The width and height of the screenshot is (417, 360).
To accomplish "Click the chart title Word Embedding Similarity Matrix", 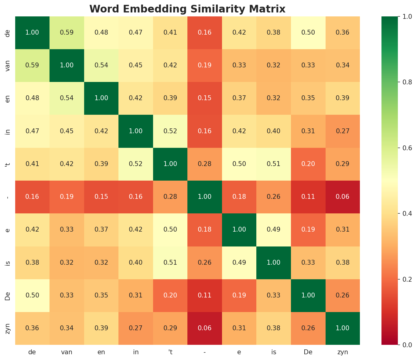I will [187, 9].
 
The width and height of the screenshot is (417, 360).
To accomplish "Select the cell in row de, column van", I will [67, 32].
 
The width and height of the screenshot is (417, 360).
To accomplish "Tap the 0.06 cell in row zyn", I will [205, 328].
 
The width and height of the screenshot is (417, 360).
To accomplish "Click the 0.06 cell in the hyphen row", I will [343, 197].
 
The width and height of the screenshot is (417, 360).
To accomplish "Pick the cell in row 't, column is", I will [274, 164].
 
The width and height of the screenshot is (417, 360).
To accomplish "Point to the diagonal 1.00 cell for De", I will [308, 295].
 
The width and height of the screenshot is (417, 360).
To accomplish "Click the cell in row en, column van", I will [67, 98].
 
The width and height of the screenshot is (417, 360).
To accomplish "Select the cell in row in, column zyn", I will [343, 131].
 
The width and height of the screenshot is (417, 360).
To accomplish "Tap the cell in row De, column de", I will [32, 295].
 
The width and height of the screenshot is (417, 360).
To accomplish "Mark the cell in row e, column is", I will [274, 229].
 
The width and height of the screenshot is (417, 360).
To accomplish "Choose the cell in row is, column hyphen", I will [205, 262].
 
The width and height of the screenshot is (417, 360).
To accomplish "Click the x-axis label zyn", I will [343, 352].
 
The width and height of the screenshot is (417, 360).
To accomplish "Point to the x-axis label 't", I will [170, 352].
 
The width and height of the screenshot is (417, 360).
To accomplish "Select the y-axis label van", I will [8, 65].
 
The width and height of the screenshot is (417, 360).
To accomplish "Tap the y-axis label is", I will [8, 262].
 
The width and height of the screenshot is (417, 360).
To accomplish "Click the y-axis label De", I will [8, 295].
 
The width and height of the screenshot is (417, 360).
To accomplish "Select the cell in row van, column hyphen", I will [205, 65].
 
